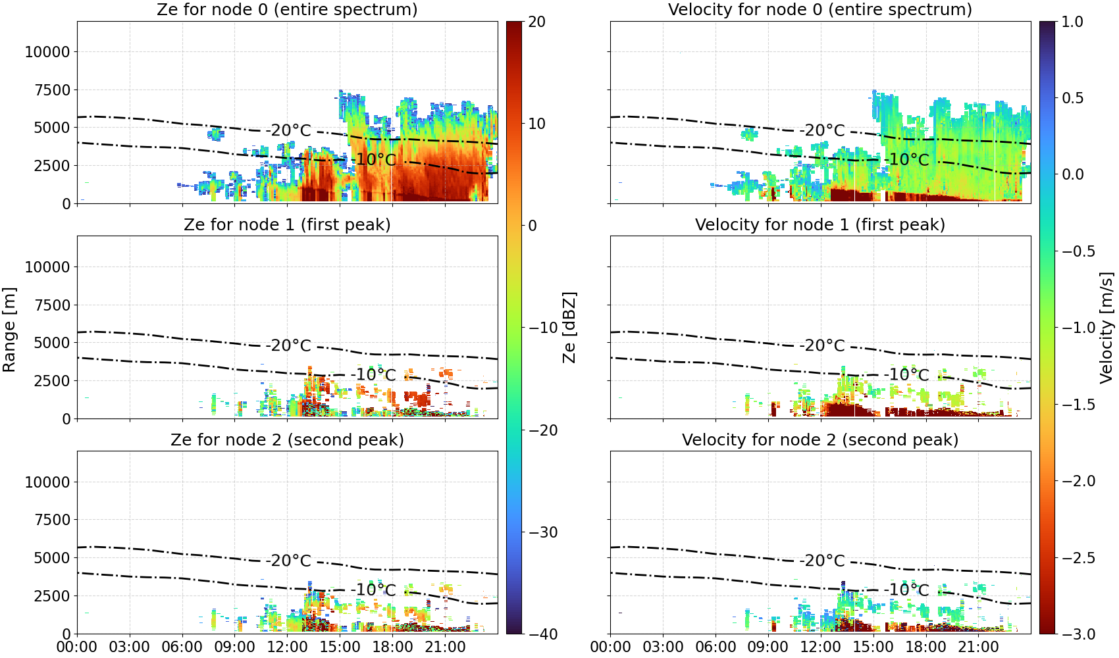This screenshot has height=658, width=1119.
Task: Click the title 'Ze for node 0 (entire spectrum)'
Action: tap(287, 9)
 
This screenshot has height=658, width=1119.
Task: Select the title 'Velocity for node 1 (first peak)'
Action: tap(820, 224)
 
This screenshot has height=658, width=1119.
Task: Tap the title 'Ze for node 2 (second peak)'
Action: tap(287, 440)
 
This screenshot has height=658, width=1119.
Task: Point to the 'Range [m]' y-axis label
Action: tap(9, 330)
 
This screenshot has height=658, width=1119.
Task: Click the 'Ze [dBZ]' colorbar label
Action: tap(569, 328)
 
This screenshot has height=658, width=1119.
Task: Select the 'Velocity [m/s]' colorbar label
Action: tap(1107, 328)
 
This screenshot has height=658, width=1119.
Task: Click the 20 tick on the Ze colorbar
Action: tap(536, 22)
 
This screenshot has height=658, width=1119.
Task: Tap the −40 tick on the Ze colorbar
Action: tap(542, 634)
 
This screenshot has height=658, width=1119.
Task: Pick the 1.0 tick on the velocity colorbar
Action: tap(1072, 22)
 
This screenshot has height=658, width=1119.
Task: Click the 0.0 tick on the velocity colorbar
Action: tap(1072, 175)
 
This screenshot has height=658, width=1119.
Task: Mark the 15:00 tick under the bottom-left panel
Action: tap(340, 647)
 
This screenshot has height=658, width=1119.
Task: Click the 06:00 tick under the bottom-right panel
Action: tap(716, 647)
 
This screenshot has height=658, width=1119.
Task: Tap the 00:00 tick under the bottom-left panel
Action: tap(77, 647)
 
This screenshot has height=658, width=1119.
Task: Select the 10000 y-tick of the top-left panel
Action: tap(47, 52)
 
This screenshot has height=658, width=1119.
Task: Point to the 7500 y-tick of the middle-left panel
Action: tap(52, 305)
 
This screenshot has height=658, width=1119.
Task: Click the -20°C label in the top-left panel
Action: tap(288, 130)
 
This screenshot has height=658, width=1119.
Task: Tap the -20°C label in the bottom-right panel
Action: tap(821, 561)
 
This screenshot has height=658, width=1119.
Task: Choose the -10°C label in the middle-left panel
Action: tap(373, 375)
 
